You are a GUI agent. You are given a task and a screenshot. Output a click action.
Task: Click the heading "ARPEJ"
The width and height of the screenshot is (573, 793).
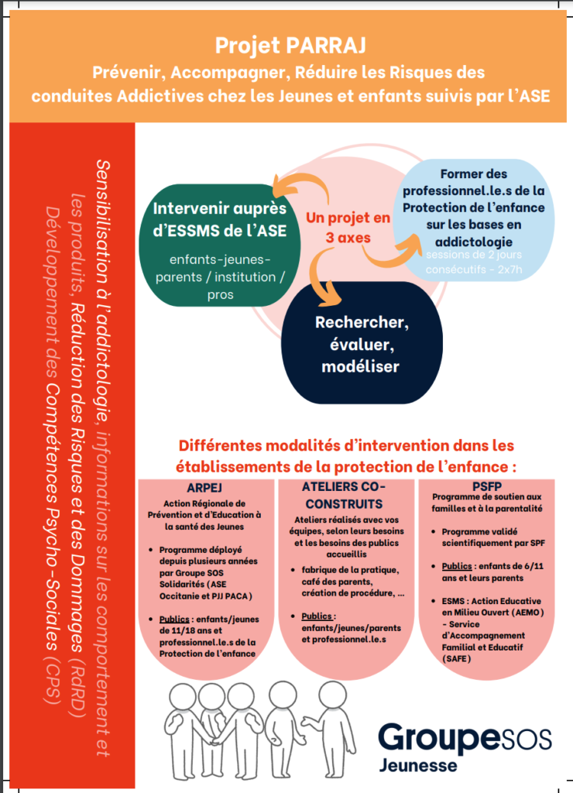[205, 489]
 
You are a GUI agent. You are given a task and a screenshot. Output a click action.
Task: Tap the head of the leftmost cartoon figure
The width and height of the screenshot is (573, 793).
[184, 694]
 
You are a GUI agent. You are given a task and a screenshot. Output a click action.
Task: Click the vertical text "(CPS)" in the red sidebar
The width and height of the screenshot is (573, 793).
[53, 681]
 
